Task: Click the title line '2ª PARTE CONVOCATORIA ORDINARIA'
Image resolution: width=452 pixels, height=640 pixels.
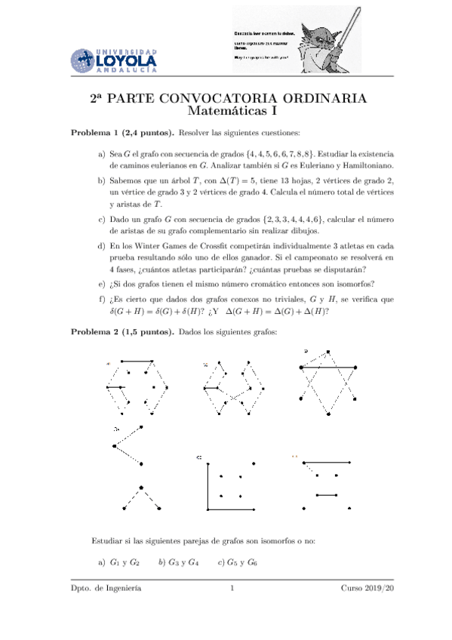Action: (226, 100)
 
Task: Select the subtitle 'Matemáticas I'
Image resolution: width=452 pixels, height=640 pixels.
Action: (226, 113)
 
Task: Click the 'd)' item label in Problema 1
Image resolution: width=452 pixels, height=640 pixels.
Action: (102, 247)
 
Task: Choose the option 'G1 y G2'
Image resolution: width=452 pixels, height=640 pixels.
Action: (125, 562)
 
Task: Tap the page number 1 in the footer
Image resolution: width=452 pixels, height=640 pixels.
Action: (234, 589)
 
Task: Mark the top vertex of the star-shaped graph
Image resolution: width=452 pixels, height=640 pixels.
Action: (328, 352)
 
